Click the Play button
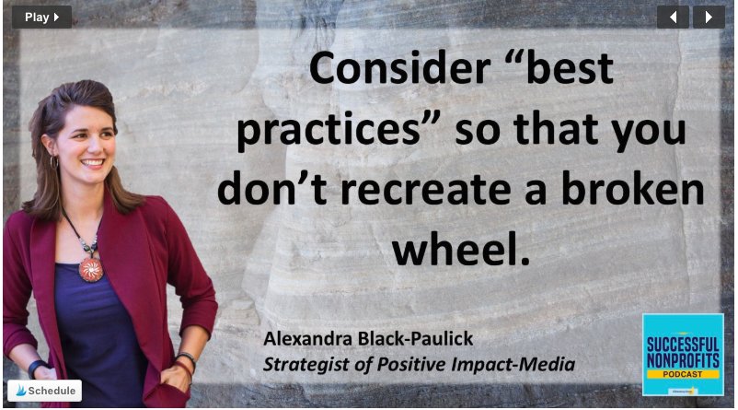tap(41, 17)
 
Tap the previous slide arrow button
tap(673, 17)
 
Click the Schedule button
tap(44, 391)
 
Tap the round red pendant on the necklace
tap(90, 269)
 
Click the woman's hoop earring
tap(54, 162)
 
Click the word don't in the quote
tap(268, 191)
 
